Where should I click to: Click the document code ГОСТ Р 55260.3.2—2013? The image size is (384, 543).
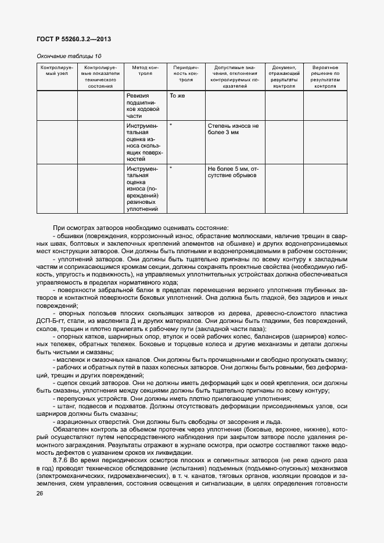(x=73, y=39)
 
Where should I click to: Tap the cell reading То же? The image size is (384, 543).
(x=177, y=95)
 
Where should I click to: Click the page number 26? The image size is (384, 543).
(x=40, y=493)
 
